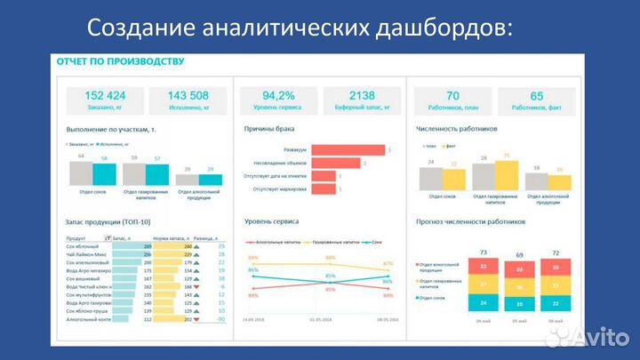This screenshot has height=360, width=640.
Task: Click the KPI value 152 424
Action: coord(104,96)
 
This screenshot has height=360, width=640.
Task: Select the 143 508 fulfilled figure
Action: coord(188,96)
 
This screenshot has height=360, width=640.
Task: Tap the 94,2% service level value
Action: coord(278,96)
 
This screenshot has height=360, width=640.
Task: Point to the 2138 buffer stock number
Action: coord(363,96)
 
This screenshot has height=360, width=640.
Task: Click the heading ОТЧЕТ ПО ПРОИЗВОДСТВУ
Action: coord(120,61)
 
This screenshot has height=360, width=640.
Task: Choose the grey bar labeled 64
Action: coord(81,173)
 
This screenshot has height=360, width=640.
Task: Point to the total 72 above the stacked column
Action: coord(556,254)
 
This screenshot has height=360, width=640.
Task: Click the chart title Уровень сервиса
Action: coord(271,220)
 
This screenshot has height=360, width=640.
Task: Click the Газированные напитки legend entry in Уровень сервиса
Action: coord(332,242)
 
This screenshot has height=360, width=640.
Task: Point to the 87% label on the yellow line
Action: coord(388,264)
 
